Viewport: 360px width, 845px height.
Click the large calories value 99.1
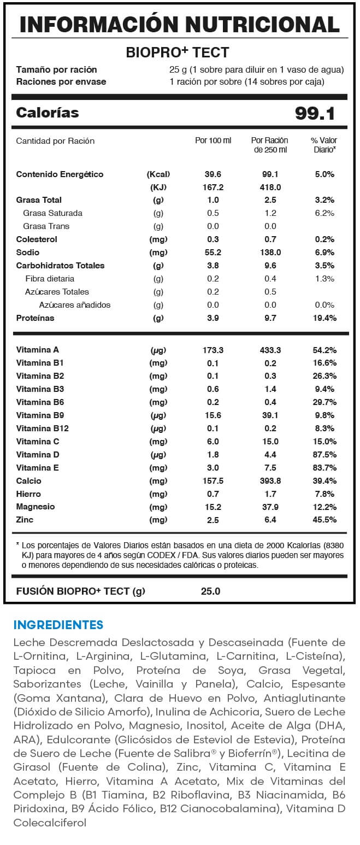[x=315, y=113]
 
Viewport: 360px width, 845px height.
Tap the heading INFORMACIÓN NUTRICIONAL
[x=180, y=24]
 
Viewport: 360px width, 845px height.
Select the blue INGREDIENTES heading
[x=58, y=625]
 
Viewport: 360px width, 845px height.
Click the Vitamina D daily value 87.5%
[x=324, y=455]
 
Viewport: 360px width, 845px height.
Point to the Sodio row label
[x=28, y=253]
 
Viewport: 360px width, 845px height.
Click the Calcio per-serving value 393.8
[x=270, y=481]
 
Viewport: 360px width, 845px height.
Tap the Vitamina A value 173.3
[x=213, y=350]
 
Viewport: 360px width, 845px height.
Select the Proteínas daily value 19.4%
[x=324, y=318]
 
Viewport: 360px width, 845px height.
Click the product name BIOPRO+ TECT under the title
[x=178, y=52]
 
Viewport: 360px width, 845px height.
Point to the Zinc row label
[x=25, y=520]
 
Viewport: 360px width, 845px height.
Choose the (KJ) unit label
[x=158, y=187]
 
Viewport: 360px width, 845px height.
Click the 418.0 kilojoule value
[x=270, y=187]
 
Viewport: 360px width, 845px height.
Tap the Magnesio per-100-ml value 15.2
[x=213, y=507]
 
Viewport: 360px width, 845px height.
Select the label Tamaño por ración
[x=56, y=69]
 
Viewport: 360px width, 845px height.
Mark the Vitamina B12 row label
[x=43, y=429]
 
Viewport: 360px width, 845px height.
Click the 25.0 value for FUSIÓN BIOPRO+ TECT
[x=210, y=591]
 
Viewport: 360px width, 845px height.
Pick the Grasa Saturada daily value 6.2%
[x=324, y=213]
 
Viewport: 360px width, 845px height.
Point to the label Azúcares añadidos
[x=75, y=305]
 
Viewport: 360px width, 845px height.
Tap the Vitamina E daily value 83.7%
[x=324, y=468]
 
